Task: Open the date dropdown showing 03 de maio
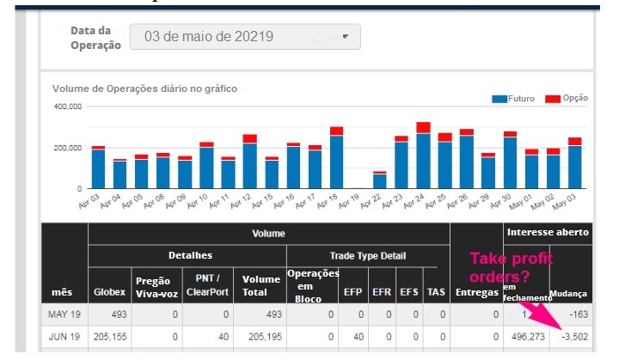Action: click(x=244, y=37)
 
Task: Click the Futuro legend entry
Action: click(x=515, y=99)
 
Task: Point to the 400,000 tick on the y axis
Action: click(x=68, y=107)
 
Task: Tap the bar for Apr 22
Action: click(x=379, y=180)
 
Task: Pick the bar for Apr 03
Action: click(x=98, y=167)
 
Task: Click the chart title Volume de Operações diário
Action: click(x=144, y=88)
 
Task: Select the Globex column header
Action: click(x=109, y=291)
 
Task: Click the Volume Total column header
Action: click(x=260, y=285)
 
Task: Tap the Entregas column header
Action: click(x=476, y=292)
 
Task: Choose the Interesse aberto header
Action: click(x=548, y=232)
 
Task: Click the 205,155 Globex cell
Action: click(x=109, y=337)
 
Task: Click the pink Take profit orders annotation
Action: click(x=511, y=267)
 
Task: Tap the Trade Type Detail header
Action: click(x=367, y=255)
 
